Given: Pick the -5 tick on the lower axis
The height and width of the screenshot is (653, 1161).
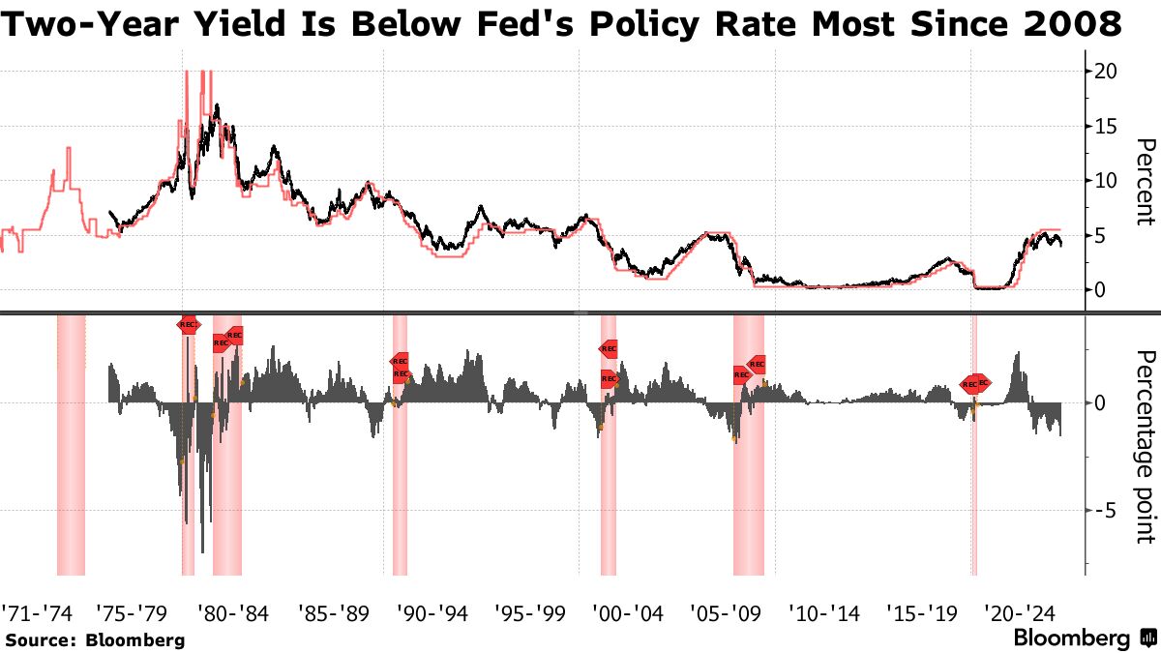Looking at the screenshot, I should [1103, 510].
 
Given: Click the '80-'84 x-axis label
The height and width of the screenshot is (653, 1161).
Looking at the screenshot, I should [233, 612].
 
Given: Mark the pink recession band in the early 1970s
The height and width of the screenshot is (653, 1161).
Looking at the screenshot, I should [71, 443].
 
